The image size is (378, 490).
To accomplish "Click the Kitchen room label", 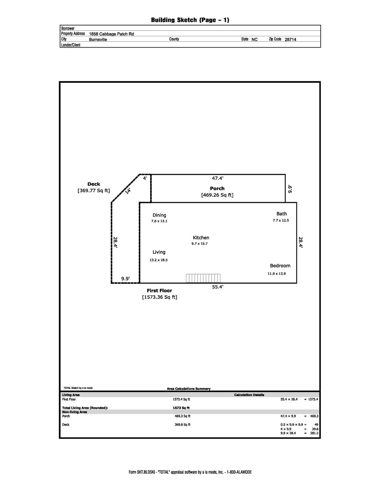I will (201, 238).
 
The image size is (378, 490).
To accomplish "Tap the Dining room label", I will (159, 215).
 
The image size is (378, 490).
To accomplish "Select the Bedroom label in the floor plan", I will (280, 266).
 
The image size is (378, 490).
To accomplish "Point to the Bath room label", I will (282, 214).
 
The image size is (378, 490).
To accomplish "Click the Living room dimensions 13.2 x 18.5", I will (159, 260).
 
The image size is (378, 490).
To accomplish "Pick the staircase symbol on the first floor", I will (203, 278).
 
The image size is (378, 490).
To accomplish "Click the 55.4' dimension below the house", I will (218, 287).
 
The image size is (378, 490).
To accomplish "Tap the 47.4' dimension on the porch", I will (218, 178).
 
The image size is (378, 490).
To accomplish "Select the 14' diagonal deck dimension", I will (128, 191).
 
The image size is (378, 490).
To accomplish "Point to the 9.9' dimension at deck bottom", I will (125, 279).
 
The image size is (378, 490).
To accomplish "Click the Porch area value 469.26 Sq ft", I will (217, 195).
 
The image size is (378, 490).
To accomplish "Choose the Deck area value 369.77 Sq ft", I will (94, 190).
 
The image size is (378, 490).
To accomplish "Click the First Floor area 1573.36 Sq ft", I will (160, 297).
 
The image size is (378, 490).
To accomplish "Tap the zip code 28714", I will (290, 40).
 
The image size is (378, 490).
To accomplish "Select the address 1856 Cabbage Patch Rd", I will (111, 34).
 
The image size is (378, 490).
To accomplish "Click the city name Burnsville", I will (98, 40).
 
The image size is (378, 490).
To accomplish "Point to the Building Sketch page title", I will (190, 20).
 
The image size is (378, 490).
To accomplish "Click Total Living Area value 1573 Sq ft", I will (181, 408).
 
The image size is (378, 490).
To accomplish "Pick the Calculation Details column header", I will (249, 395).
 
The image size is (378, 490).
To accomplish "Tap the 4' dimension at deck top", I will (145, 178).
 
